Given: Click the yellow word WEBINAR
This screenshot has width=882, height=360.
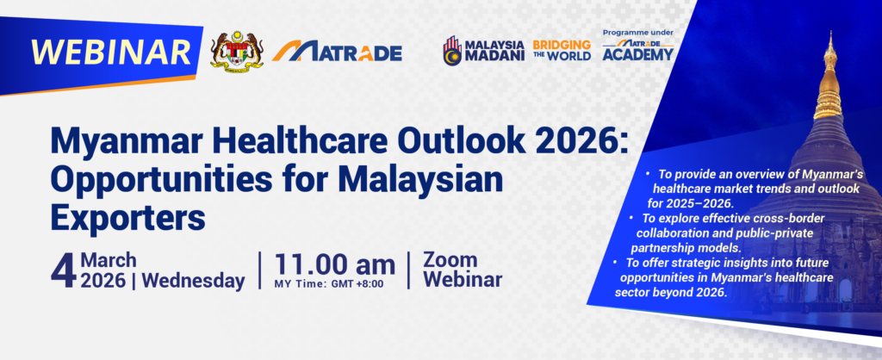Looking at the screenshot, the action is [x=111, y=53].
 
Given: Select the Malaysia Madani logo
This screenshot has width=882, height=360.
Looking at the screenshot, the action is [x=483, y=51].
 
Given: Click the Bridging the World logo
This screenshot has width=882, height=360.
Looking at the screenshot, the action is [x=562, y=50].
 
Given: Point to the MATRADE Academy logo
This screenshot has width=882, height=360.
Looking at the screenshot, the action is [x=638, y=50].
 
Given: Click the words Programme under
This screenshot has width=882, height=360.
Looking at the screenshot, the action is [x=638, y=33].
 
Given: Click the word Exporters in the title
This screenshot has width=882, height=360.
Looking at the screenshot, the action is [x=127, y=218].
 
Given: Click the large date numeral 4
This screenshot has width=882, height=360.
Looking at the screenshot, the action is [x=63, y=271].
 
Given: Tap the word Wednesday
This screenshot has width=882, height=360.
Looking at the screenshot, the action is [x=194, y=281].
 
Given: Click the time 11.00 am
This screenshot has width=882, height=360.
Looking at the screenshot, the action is [x=335, y=265].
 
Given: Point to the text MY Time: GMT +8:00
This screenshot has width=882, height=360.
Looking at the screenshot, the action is [x=328, y=284].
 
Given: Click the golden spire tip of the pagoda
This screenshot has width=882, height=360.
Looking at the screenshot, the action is [x=830, y=35].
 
